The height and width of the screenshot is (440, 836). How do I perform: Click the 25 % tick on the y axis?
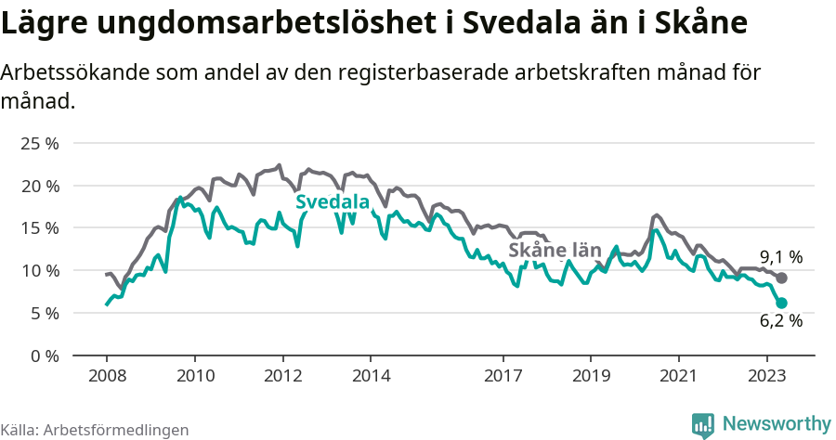tap(39, 144)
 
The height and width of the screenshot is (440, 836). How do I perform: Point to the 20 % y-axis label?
tap(39, 186)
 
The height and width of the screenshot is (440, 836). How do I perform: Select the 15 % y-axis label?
tap(39, 228)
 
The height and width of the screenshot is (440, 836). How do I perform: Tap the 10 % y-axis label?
tap(39, 271)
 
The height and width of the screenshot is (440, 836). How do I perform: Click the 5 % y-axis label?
tap(44, 313)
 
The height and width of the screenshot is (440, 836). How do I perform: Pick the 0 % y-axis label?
tap(44, 356)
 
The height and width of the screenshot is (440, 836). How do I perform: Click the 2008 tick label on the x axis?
tap(106, 376)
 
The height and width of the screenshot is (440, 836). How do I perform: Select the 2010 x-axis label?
tap(194, 376)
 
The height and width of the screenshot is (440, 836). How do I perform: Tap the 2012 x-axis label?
tap(282, 376)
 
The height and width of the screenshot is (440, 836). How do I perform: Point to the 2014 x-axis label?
tap(370, 376)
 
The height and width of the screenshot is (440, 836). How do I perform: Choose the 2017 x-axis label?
tap(503, 376)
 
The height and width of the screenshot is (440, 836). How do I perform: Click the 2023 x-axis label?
tap(767, 376)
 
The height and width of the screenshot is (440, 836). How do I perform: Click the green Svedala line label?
tap(332, 202)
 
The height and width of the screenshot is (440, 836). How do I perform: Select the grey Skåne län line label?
tap(555, 249)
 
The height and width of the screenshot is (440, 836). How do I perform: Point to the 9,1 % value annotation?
tap(780, 257)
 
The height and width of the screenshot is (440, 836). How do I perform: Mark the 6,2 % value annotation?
tap(780, 320)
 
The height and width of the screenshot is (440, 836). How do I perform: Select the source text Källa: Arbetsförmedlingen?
tap(95, 430)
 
